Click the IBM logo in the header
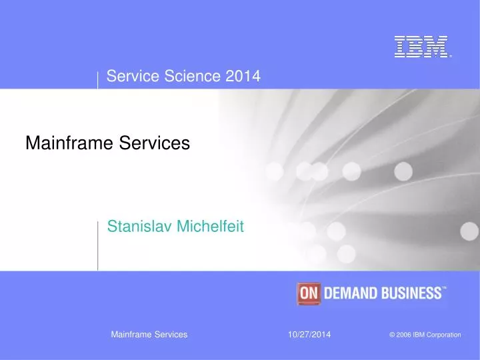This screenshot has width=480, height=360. (421, 46)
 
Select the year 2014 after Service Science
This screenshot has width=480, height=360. (243, 77)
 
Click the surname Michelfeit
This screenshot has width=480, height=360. (211, 227)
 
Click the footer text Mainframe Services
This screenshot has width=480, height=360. (149, 334)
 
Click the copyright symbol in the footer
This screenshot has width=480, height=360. (391, 335)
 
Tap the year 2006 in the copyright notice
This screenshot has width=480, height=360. (403, 335)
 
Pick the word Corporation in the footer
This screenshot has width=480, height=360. (443, 335)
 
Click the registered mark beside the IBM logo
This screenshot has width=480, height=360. (450, 57)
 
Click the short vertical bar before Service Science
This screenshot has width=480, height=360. (98, 79)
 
